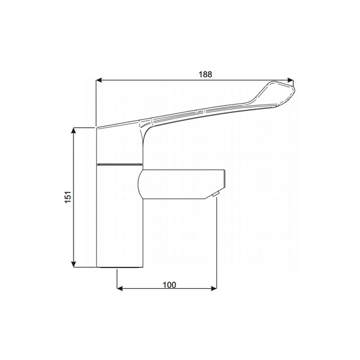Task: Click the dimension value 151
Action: [67, 197]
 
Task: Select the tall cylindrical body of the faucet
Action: [119, 216]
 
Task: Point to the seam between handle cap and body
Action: [119, 164]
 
